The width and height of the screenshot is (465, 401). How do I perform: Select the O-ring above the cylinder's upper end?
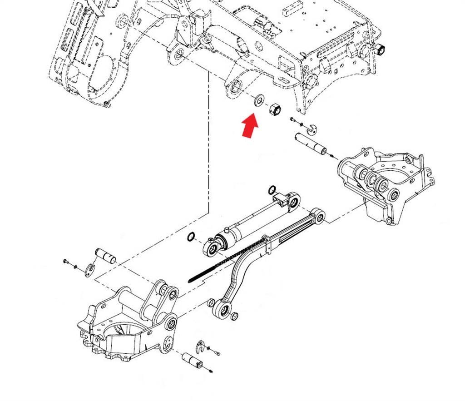(272, 189)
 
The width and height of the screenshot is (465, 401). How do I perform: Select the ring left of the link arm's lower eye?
(211, 303)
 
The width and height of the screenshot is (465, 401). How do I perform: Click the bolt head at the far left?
(66, 261)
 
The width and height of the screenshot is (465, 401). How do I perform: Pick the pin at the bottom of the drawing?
(193, 361)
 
